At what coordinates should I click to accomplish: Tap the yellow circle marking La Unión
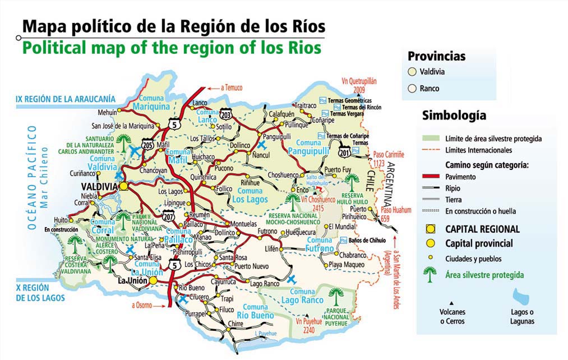pos(153,280)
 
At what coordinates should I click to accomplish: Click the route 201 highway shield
pos(344,150)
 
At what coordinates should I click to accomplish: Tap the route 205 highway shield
pos(147,144)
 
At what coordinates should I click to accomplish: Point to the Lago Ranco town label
pos(264,284)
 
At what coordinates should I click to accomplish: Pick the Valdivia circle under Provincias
pos(412,72)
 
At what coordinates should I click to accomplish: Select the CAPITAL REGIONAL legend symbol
pos(430,229)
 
